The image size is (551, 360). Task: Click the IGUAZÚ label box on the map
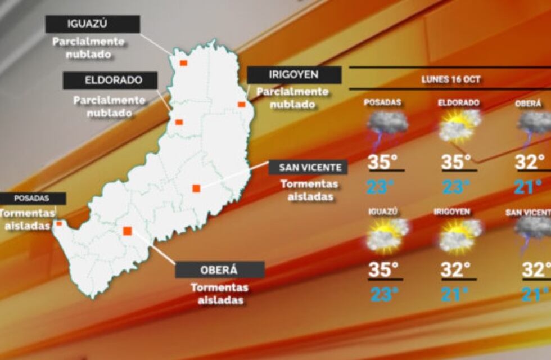[x=93, y=24]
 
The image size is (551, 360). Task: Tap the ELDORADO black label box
[x=110, y=80]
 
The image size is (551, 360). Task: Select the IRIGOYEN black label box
[x=293, y=75]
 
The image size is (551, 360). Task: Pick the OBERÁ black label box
[x=219, y=269]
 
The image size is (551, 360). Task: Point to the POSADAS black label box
[x=32, y=199]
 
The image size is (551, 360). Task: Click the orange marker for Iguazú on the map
[x=183, y=63]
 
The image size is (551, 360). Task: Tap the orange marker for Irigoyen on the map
[x=241, y=104]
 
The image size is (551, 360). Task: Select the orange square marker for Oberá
[x=128, y=231]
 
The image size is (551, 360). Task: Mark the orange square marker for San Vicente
[x=196, y=188]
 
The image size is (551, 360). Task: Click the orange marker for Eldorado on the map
[x=179, y=122]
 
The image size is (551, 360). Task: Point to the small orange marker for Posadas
[x=59, y=223]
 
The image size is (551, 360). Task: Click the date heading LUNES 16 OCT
[x=451, y=79]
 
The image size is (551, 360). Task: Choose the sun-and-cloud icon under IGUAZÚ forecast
[x=387, y=235]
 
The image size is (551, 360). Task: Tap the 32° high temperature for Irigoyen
[x=455, y=270]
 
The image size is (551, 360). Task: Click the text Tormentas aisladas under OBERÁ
[x=219, y=294]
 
